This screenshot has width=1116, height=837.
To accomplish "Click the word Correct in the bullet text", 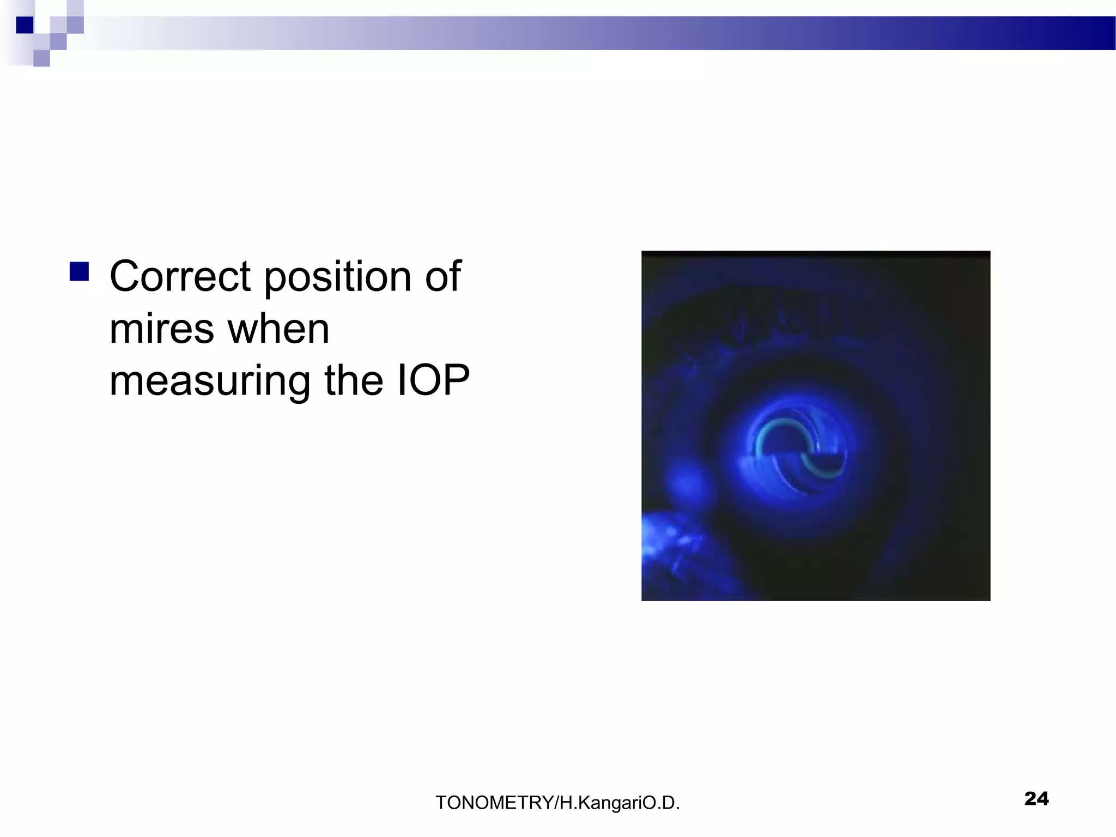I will point(180,276).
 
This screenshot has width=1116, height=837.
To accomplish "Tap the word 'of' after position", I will point(442,276).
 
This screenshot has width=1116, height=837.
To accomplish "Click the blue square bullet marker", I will point(80,271).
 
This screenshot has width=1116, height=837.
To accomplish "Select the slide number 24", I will point(1036,799).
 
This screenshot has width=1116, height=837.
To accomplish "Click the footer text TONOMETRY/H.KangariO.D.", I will point(557,803).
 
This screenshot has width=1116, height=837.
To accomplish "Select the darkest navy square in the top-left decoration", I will point(25,25).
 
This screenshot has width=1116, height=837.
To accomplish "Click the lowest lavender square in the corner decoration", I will point(41,58).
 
